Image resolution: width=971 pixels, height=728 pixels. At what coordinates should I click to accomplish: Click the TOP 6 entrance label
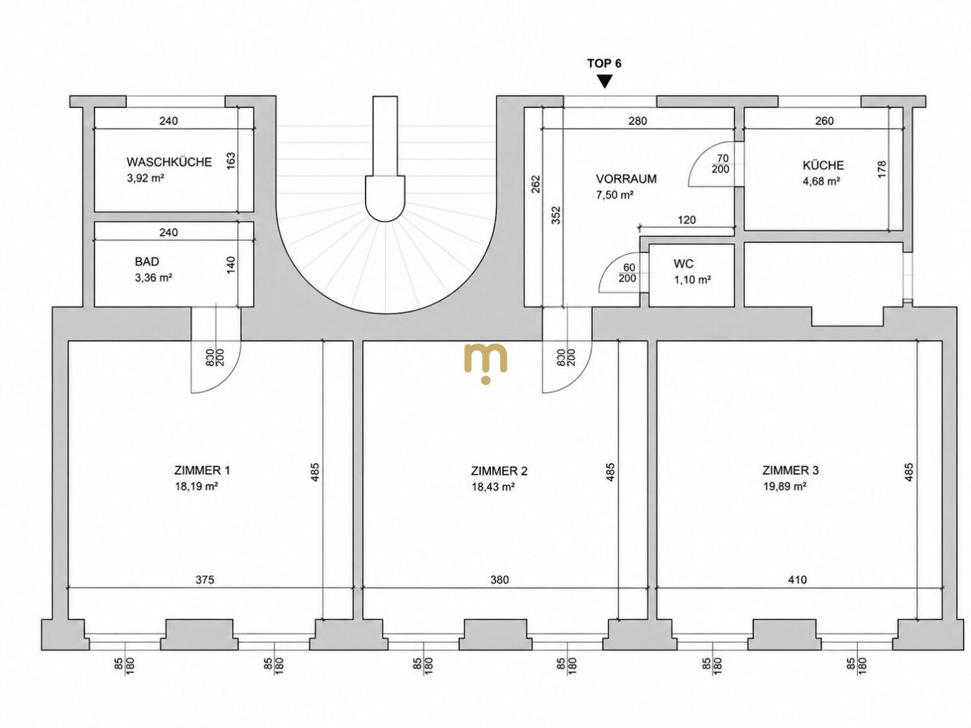(604, 64)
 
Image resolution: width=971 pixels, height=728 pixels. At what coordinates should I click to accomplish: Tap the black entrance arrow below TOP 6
(605, 81)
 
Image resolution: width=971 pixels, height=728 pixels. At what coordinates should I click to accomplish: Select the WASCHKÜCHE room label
(169, 162)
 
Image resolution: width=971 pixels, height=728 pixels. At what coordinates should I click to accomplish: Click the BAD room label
(146, 262)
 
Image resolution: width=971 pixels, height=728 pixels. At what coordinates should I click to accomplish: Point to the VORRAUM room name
(626, 179)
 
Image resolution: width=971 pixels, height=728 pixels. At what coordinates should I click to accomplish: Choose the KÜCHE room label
(823, 165)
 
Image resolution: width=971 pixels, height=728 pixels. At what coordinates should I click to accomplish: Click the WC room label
(683, 264)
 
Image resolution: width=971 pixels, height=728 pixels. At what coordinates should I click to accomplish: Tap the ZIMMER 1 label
(202, 470)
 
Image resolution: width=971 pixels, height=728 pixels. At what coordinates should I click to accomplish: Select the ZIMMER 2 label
(499, 471)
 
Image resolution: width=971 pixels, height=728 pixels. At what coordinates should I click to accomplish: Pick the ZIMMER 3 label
(790, 470)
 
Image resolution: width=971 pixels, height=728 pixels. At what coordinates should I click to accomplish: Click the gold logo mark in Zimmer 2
(485, 363)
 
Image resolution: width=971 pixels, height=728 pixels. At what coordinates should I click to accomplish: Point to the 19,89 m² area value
(784, 487)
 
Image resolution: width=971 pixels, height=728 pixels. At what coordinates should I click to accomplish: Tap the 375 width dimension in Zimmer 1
(205, 579)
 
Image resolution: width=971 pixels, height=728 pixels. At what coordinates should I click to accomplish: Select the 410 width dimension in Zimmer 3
(797, 579)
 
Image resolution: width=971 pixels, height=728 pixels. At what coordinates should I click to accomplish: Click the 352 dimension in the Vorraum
(556, 215)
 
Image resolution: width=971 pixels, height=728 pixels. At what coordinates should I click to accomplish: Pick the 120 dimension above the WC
(687, 220)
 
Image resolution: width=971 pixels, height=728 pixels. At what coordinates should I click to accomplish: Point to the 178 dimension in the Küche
(881, 169)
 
